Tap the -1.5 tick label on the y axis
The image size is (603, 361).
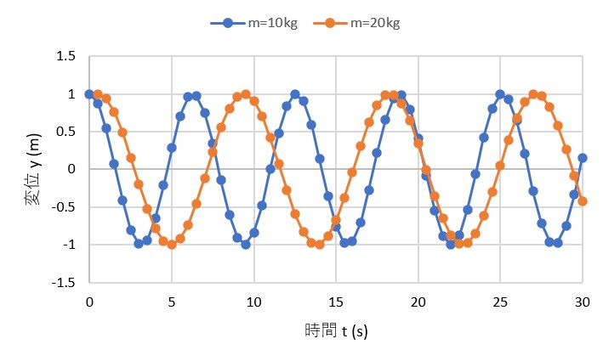[x=65, y=282]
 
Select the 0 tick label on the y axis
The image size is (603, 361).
[x=73, y=169]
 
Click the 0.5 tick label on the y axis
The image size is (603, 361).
[x=68, y=132]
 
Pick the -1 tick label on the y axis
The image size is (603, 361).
[x=70, y=245]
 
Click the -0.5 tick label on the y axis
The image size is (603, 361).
[x=65, y=207]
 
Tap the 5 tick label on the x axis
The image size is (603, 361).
[x=172, y=301]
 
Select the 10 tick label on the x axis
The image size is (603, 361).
[x=253, y=301]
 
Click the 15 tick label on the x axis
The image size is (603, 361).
[x=336, y=301]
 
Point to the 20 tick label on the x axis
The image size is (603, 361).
[x=418, y=301]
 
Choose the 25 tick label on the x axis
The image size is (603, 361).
[x=500, y=301]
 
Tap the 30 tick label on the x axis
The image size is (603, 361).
[x=583, y=301]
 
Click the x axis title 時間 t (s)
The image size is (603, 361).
[x=336, y=330]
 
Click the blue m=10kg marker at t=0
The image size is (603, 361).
[x=89, y=94]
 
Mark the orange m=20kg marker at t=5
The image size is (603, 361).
[x=172, y=245]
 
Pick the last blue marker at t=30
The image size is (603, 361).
[x=583, y=158]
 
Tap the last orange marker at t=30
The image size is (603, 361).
[x=583, y=201]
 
